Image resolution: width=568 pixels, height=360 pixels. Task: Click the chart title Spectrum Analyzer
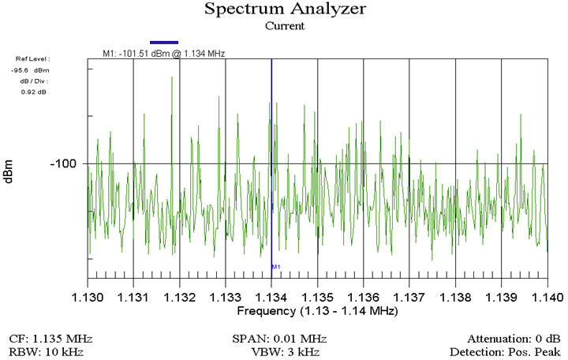click(x=284, y=9)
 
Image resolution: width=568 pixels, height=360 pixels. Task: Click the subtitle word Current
click(x=284, y=26)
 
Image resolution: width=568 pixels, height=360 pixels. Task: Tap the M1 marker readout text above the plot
click(x=164, y=53)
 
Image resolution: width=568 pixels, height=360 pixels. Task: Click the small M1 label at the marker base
click(x=276, y=267)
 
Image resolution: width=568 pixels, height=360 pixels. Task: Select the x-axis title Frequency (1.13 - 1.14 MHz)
click(x=317, y=312)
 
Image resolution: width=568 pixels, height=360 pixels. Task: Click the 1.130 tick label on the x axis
click(x=88, y=297)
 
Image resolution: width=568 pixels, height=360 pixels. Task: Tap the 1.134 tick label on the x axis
click(x=271, y=297)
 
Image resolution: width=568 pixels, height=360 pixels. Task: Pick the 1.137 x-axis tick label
click(x=409, y=297)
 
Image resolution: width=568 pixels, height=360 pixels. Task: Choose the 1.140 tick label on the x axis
click(x=547, y=297)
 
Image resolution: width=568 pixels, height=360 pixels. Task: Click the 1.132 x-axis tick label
click(x=180, y=297)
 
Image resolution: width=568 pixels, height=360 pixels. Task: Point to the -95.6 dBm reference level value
click(x=35, y=69)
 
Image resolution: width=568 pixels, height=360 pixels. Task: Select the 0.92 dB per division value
click(x=33, y=92)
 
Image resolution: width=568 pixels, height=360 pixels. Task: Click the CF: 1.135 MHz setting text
click(x=46, y=337)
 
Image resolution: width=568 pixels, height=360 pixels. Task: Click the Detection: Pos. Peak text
click(x=504, y=351)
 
